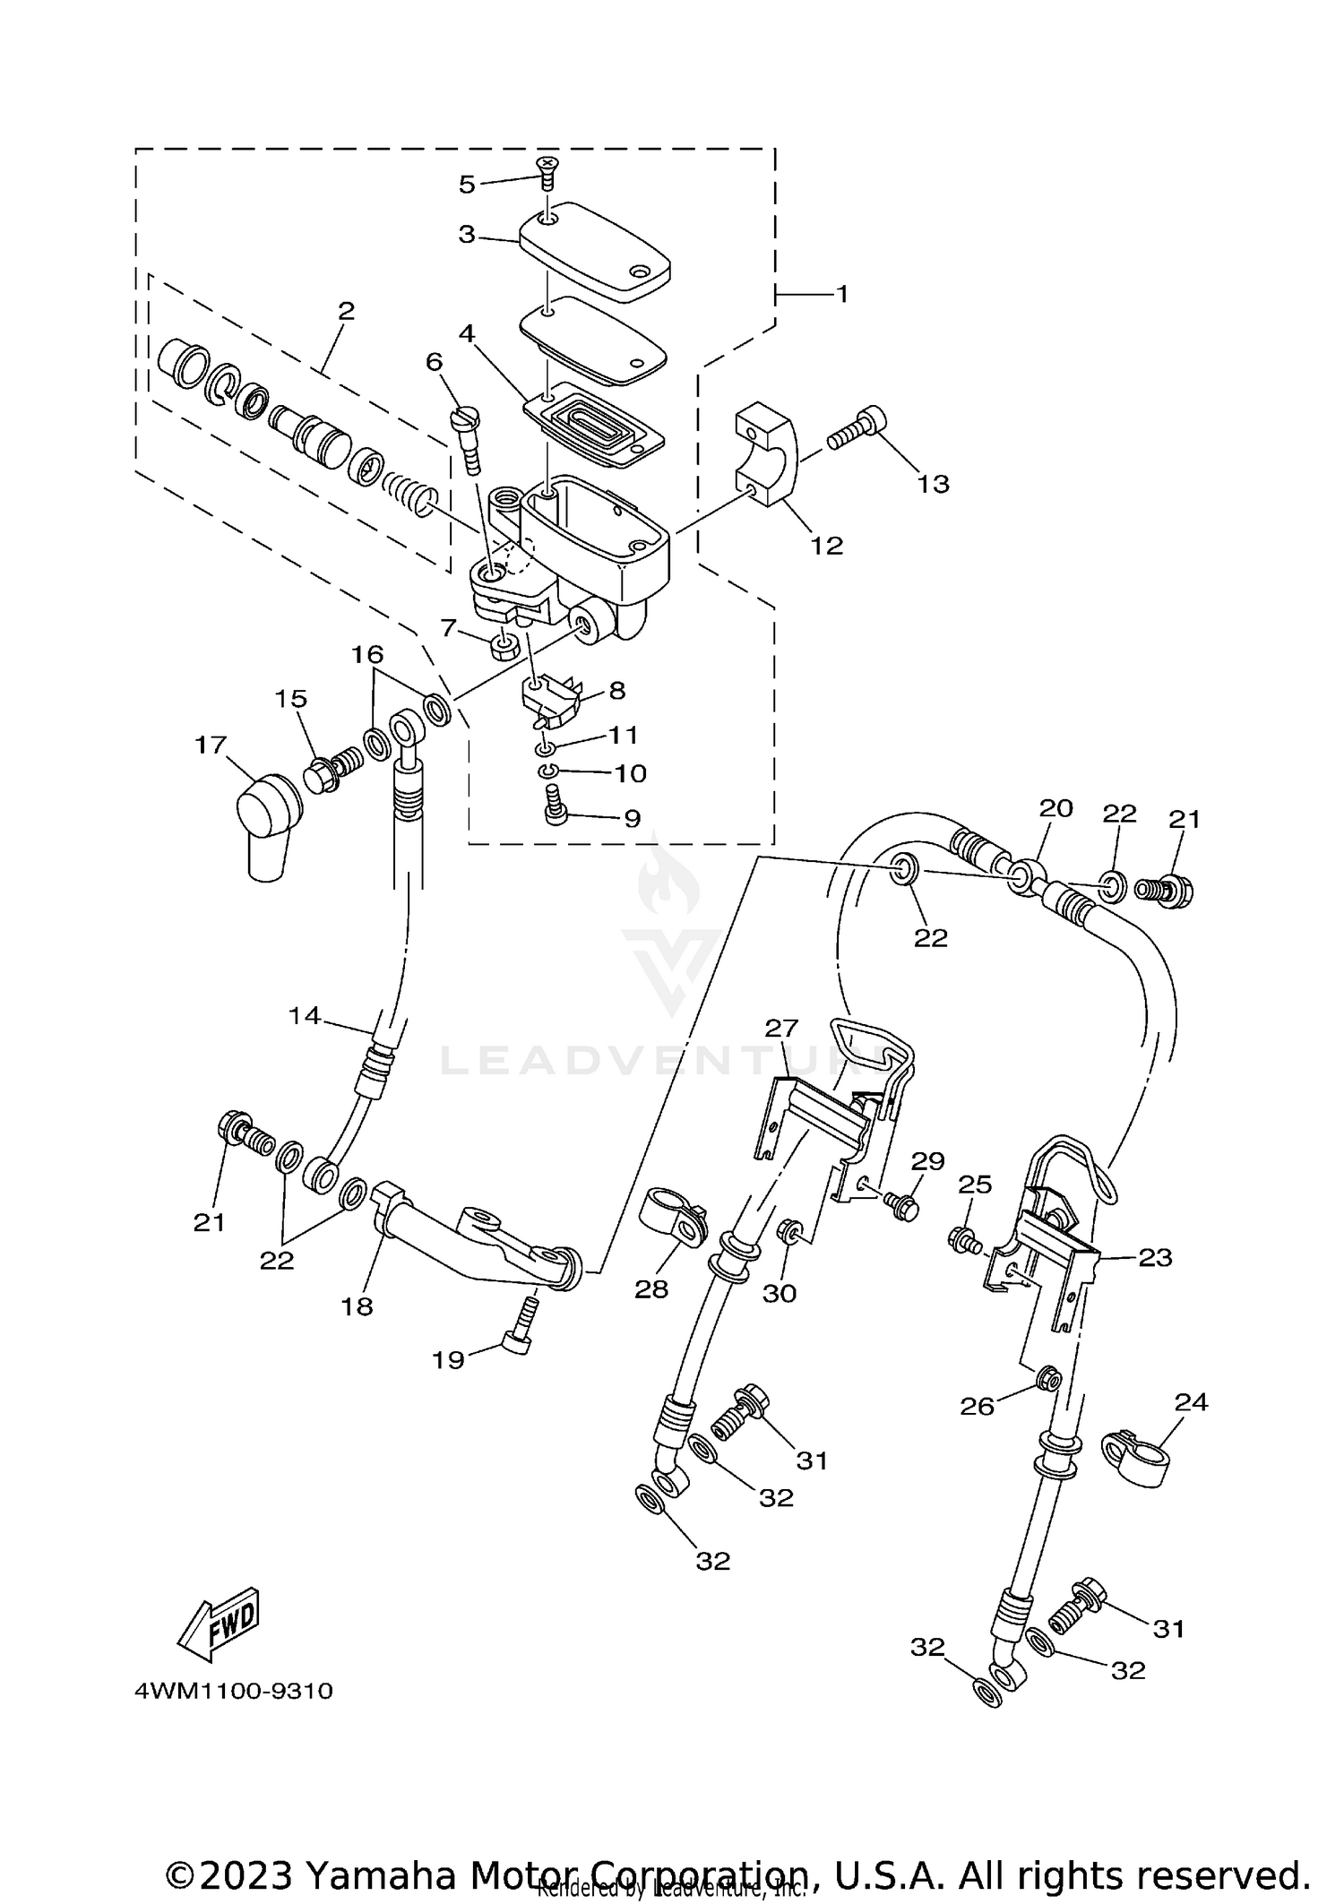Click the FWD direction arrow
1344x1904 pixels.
pyautogui.click(x=220, y=1623)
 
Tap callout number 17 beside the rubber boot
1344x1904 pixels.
pyautogui.click(x=211, y=745)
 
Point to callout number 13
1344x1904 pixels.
pyautogui.click(x=933, y=484)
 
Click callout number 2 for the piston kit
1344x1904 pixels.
pyautogui.click(x=346, y=311)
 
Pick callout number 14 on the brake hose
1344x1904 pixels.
pyautogui.click(x=305, y=1015)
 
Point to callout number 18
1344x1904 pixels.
pyautogui.click(x=357, y=1306)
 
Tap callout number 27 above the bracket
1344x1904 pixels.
pyautogui.click(x=781, y=1028)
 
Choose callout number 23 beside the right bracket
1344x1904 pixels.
pyautogui.click(x=1155, y=1257)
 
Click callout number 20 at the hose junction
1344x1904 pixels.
pyautogui.click(x=1055, y=808)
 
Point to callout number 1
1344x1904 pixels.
pyautogui.click(x=841, y=294)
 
